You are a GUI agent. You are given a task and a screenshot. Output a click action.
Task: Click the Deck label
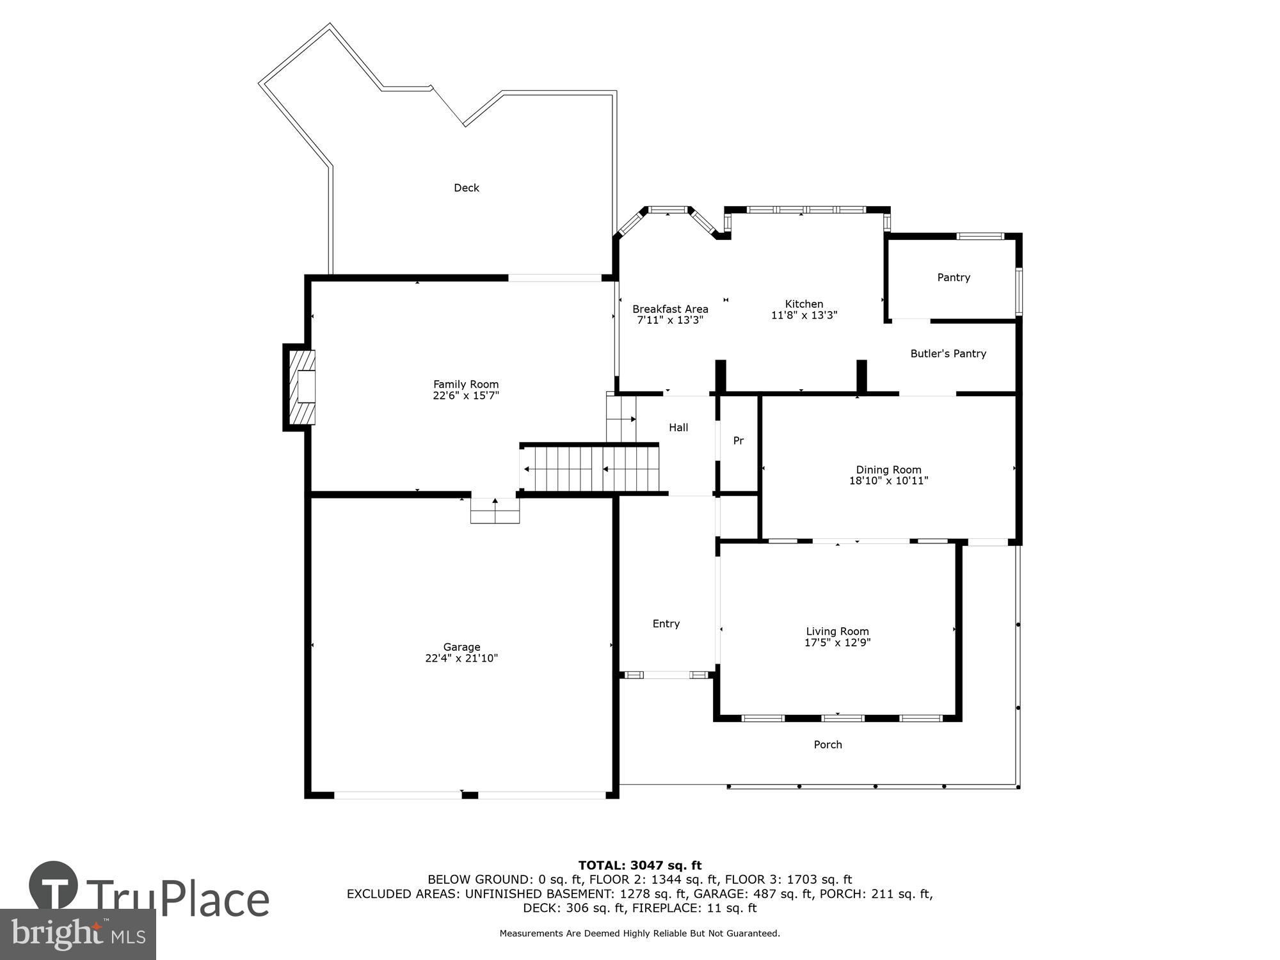466,188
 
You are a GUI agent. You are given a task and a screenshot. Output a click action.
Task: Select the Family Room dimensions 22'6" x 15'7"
465,396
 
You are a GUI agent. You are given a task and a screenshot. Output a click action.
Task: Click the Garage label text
461,647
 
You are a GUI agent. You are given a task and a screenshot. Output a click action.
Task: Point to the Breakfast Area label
670,309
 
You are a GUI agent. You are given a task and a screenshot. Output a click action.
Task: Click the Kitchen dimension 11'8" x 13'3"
804,316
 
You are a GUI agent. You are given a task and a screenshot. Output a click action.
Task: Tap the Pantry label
953,277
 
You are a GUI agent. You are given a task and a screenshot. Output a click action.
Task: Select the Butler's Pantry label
948,353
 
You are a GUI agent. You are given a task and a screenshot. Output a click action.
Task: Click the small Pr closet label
738,441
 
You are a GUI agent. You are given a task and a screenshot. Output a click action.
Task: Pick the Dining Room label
888,470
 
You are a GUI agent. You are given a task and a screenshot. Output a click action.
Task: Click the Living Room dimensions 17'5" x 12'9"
837,643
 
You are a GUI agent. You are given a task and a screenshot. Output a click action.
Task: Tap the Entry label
666,623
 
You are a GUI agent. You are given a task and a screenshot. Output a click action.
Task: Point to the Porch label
828,744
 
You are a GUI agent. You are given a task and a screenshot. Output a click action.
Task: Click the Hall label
678,428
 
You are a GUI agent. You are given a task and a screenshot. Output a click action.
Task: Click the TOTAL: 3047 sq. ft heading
639,866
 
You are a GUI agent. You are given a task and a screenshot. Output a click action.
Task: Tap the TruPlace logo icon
54,886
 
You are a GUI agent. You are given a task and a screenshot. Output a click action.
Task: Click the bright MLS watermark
78,934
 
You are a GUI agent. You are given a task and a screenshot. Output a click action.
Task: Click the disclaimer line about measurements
639,934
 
